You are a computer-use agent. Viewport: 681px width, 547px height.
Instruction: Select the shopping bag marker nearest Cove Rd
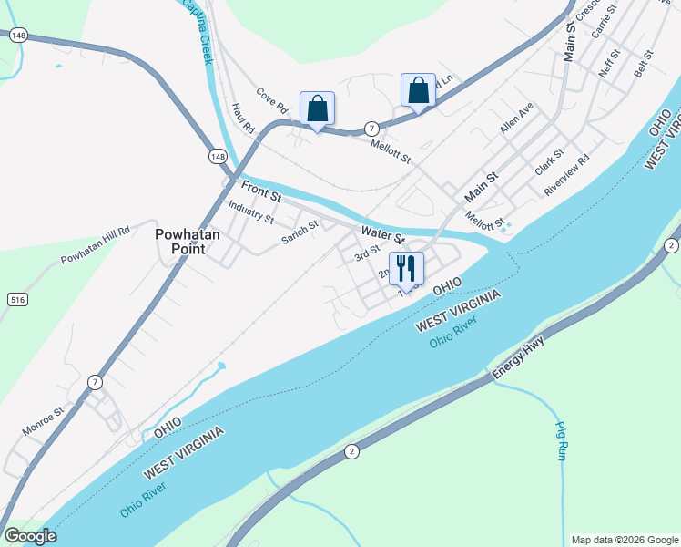point(317,109)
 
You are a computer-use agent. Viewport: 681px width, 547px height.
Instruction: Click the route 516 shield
point(16,299)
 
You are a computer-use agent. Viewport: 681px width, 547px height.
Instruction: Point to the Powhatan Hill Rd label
point(96,245)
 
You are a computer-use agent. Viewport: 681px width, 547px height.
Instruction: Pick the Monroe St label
point(43,420)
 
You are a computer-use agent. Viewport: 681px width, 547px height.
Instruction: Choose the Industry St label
point(250,212)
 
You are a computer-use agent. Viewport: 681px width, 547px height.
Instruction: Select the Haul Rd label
point(241,116)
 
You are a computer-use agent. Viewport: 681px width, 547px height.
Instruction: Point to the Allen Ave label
point(515,119)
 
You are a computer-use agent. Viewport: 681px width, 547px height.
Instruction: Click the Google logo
point(29,536)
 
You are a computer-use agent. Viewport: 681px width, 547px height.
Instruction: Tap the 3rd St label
point(367,253)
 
